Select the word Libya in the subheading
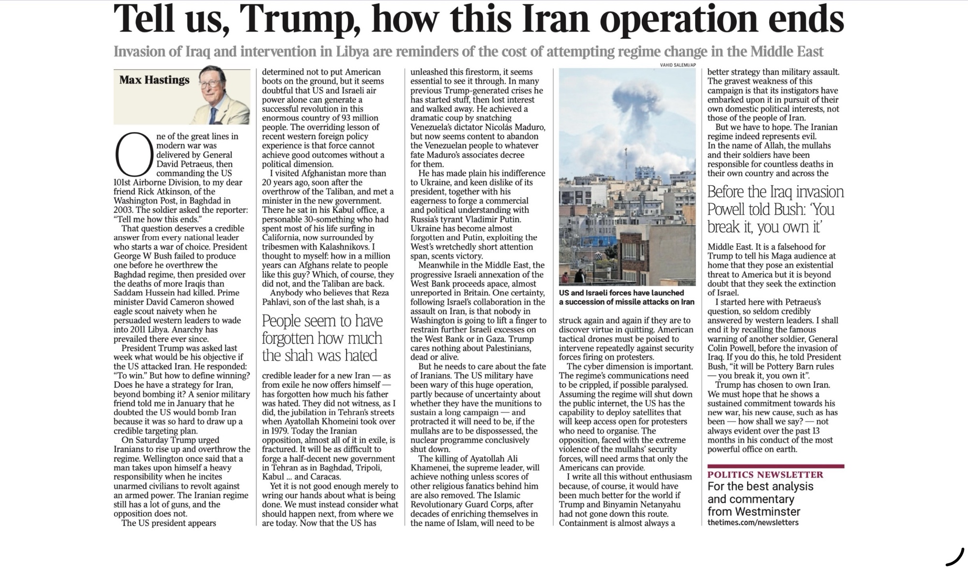pyautogui.click(x=342, y=51)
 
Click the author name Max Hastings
pyautogui.click(x=154, y=80)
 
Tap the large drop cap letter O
pyautogui.click(x=134, y=155)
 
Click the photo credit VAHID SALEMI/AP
pyautogui.click(x=678, y=65)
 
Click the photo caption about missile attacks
pyautogui.click(x=626, y=297)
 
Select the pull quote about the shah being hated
pyautogui.click(x=322, y=338)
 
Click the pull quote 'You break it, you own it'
pyautogui.click(x=775, y=209)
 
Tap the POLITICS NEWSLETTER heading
pyautogui.click(x=765, y=475)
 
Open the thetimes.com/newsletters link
pyautogui.click(x=753, y=523)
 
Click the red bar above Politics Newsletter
pyautogui.click(x=775, y=466)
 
